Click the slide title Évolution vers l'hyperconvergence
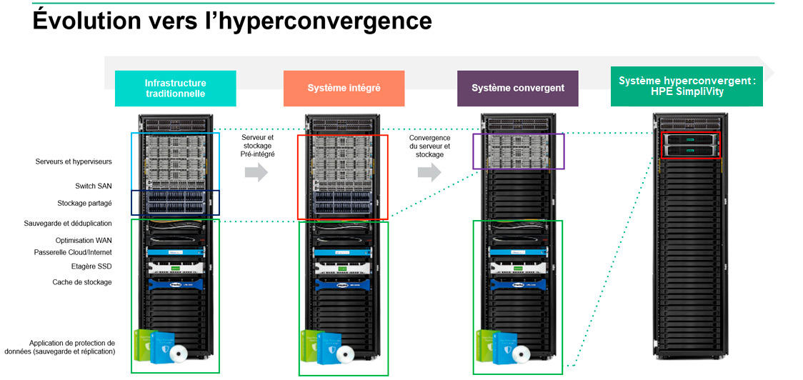point(232,21)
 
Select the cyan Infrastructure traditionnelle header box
point(175,89)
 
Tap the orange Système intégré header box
point(344,89)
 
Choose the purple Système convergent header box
point(517,89)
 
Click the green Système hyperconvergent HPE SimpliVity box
point(686,86)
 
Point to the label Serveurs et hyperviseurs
point(74,161)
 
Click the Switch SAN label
point(93,186)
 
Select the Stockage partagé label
point(84,204)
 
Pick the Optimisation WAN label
point(84,241)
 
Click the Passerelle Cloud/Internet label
point(73,252)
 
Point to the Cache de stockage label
point(82,282)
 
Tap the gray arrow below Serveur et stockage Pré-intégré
point(256,172)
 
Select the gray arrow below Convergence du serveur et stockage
point(429,172)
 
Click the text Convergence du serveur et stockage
point(429,146)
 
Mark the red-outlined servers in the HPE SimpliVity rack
point(691,145)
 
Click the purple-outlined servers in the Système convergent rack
point(518,151)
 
